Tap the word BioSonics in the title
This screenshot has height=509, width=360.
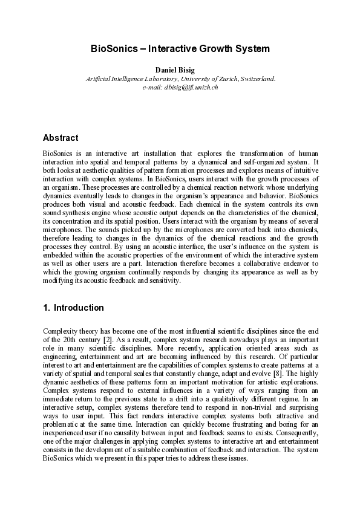[x=113, y=48]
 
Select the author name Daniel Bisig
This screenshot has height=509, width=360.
[x=180, y=70]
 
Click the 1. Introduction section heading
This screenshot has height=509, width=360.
[x=73, y=308]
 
